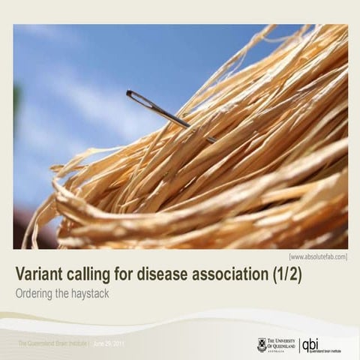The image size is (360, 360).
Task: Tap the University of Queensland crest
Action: pos(262,344)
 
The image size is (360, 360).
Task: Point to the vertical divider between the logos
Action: pos(299,345)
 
